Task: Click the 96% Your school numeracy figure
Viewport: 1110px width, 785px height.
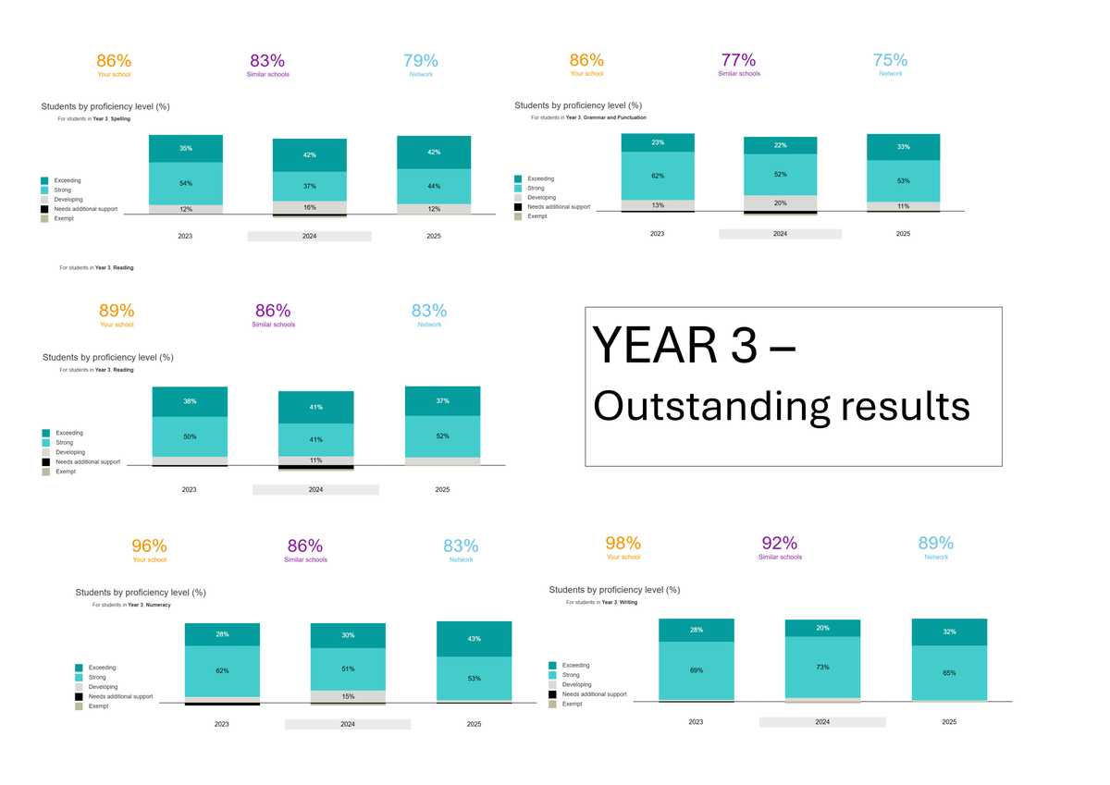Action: [x=149, y=546]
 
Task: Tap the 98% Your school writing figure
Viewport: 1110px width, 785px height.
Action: [x=623, y=543]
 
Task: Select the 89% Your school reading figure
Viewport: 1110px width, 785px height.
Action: [x=117, y=311]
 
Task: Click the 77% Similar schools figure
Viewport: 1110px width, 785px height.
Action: [x=739, y=60]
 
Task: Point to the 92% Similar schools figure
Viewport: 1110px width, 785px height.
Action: [x=779, y=543]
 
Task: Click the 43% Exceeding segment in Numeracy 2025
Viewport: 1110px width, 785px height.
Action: [x=474, y=638]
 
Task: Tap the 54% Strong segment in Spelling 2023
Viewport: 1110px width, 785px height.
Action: [x=186, y=183]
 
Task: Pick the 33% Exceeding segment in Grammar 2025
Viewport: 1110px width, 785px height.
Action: [x=903, y=146]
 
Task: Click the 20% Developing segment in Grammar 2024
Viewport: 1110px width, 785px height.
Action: [x=780, y=202]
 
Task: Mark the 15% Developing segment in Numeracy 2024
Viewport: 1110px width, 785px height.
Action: [x=348, y=696]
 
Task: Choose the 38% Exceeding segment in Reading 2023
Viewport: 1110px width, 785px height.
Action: [x=190, y=401]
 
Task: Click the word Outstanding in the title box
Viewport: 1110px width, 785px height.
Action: [x=699, y=407]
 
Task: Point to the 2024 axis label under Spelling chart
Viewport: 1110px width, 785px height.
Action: [x=309, y=237]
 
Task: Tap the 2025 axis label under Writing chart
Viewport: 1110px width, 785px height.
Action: [x=948, y=721]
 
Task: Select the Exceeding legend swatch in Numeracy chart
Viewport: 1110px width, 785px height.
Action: [x=80, y=668]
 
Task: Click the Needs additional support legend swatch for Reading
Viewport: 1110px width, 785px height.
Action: [x=46, y=461]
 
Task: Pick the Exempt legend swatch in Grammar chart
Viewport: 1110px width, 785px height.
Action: [x=518, y=216]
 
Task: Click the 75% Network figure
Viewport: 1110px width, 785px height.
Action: [x=890, y=60]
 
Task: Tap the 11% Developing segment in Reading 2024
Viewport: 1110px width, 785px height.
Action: [x=315, y=460]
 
